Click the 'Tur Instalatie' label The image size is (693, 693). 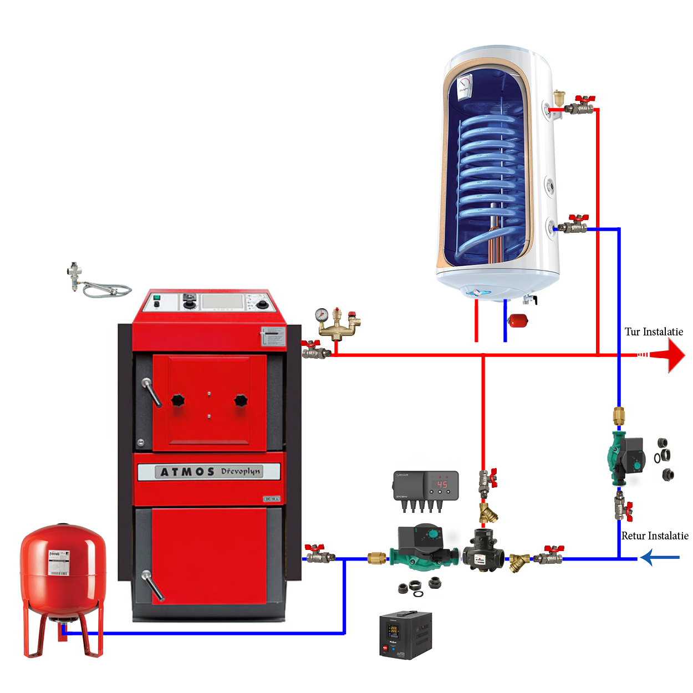(x=654, y=332)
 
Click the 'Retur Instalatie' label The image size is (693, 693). (x=655, y=536)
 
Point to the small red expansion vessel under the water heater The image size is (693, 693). (x=518, y=320)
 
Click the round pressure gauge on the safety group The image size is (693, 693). (x=322, y=315)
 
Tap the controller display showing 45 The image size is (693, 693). (x=442, y=485)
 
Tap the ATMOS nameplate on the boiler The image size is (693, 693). (x=208, y=472)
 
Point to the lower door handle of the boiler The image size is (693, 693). (x=152, y=585)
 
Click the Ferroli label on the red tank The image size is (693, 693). (x=59, y=562)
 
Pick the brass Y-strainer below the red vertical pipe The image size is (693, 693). (x=488, y=513)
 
